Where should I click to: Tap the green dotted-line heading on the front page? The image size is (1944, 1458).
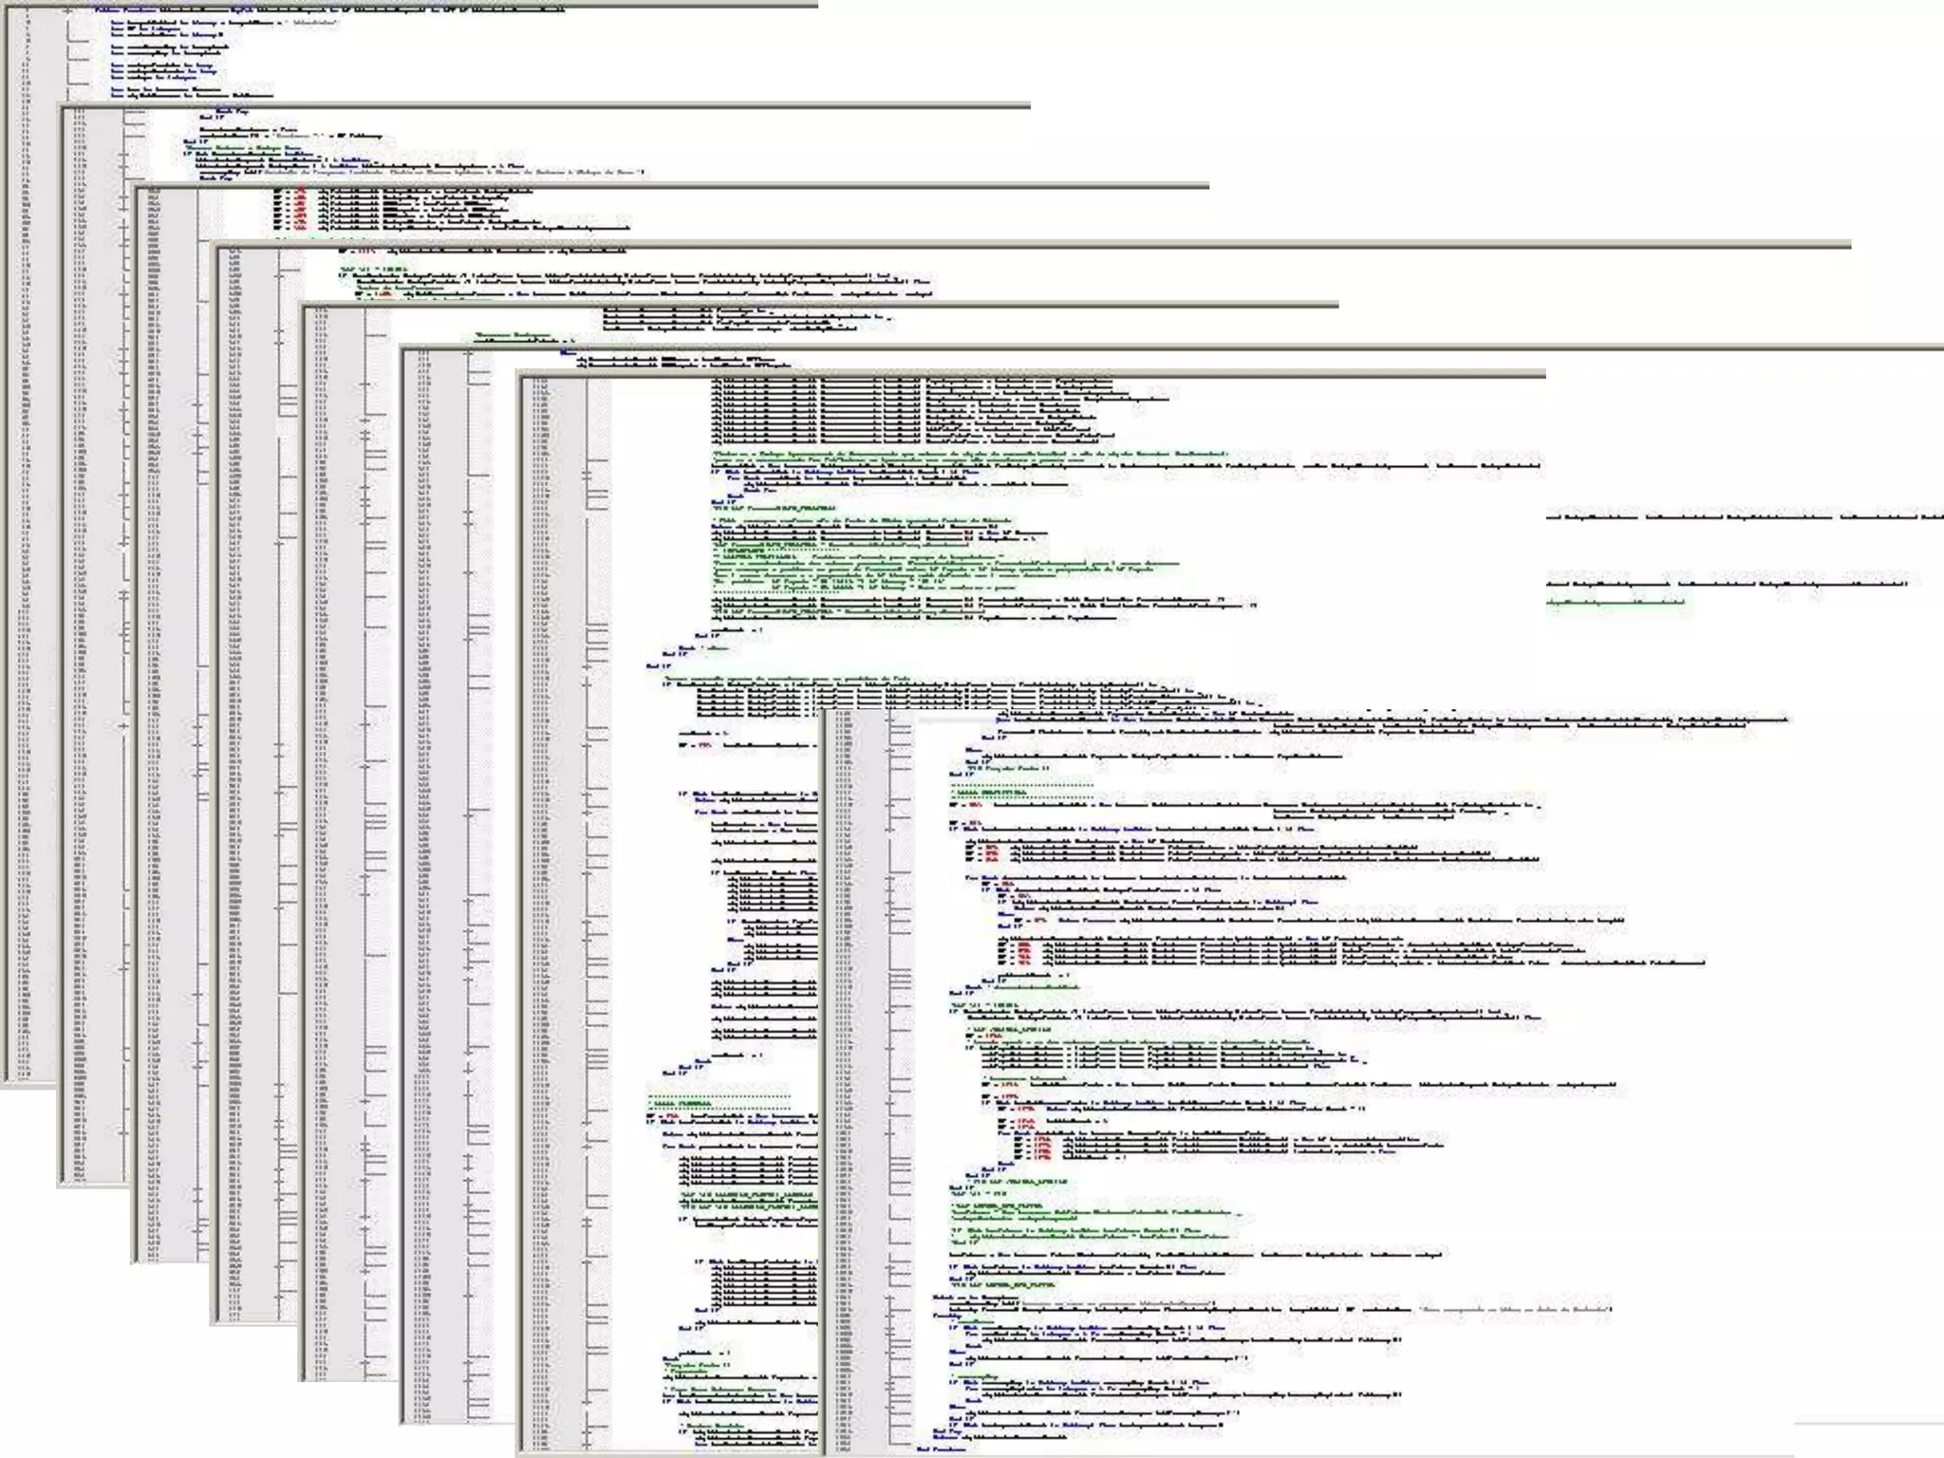click(x=1021, y=791)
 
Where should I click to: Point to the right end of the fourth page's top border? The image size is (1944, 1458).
click(x=1849, y=246)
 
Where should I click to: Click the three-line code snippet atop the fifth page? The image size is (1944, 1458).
click(x=731, y=320)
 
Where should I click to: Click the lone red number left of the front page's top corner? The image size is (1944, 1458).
click(x=703, y=747)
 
